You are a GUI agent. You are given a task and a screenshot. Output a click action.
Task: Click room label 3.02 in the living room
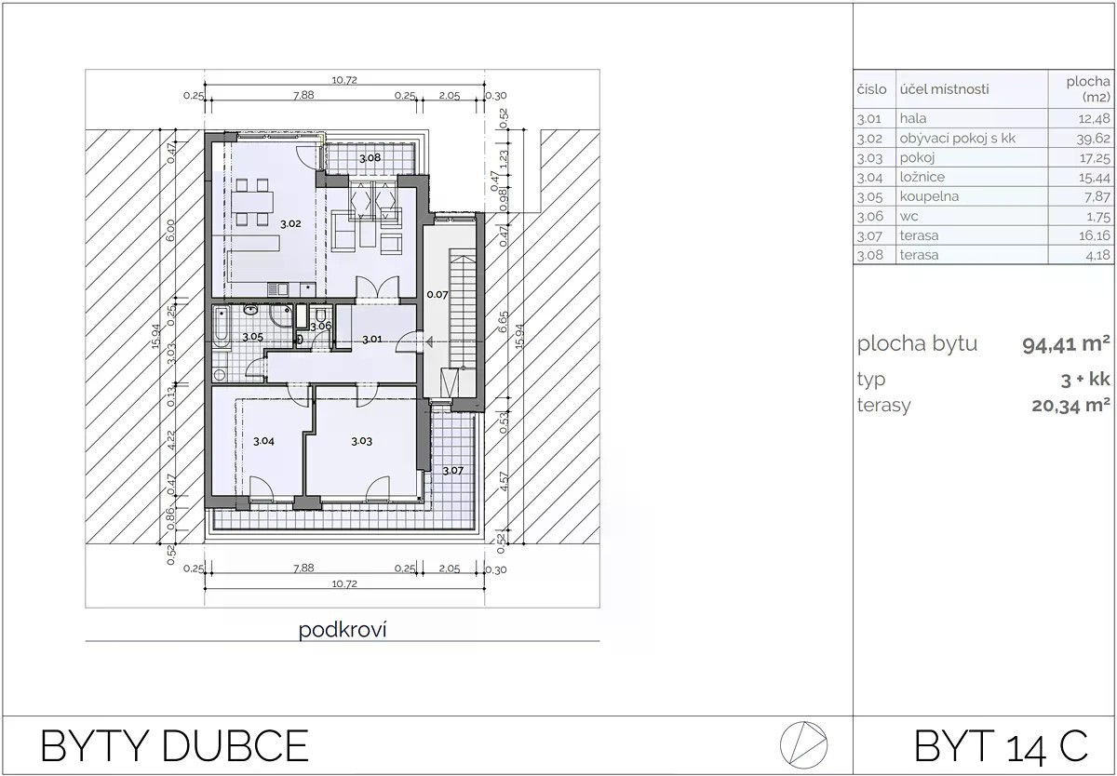coord(290,224)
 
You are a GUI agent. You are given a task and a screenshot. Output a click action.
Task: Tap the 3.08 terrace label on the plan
coord(370,158)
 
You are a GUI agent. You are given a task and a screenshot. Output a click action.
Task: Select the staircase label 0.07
coord(437,295)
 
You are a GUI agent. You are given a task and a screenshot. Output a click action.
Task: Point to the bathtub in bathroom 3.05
coord(221,327)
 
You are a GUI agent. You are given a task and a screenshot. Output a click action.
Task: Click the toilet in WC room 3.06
coord(320,315)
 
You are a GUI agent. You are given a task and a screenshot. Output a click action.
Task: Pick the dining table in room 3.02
coord(252,202)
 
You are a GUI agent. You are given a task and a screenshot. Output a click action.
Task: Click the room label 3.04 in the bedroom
coord(263,441)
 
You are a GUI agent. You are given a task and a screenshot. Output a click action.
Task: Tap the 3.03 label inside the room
coord(361,441)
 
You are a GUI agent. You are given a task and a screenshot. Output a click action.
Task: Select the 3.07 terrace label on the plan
coord(453,470)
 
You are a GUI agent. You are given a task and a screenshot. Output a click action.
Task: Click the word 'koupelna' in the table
coord(929,196)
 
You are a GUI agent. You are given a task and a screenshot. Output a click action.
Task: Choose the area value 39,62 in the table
coord(1093,139)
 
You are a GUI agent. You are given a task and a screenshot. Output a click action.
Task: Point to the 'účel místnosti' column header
coord(945,89)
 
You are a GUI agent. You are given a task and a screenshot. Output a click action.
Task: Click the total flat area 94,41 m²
coord(1066,344)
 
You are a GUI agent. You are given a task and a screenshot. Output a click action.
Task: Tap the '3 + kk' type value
coord(1085,380)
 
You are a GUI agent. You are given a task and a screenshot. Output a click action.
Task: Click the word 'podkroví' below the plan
coord(343,630)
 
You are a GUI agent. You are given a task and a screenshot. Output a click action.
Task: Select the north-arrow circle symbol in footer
coord(804,744)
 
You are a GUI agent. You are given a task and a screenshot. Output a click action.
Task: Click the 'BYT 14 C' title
coord(1001,746)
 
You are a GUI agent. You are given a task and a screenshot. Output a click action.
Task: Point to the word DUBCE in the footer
coord(235,746)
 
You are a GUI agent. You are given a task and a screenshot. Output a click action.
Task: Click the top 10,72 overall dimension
coord(344,80)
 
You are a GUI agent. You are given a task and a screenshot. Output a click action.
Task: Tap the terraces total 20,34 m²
coord(1071,406)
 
